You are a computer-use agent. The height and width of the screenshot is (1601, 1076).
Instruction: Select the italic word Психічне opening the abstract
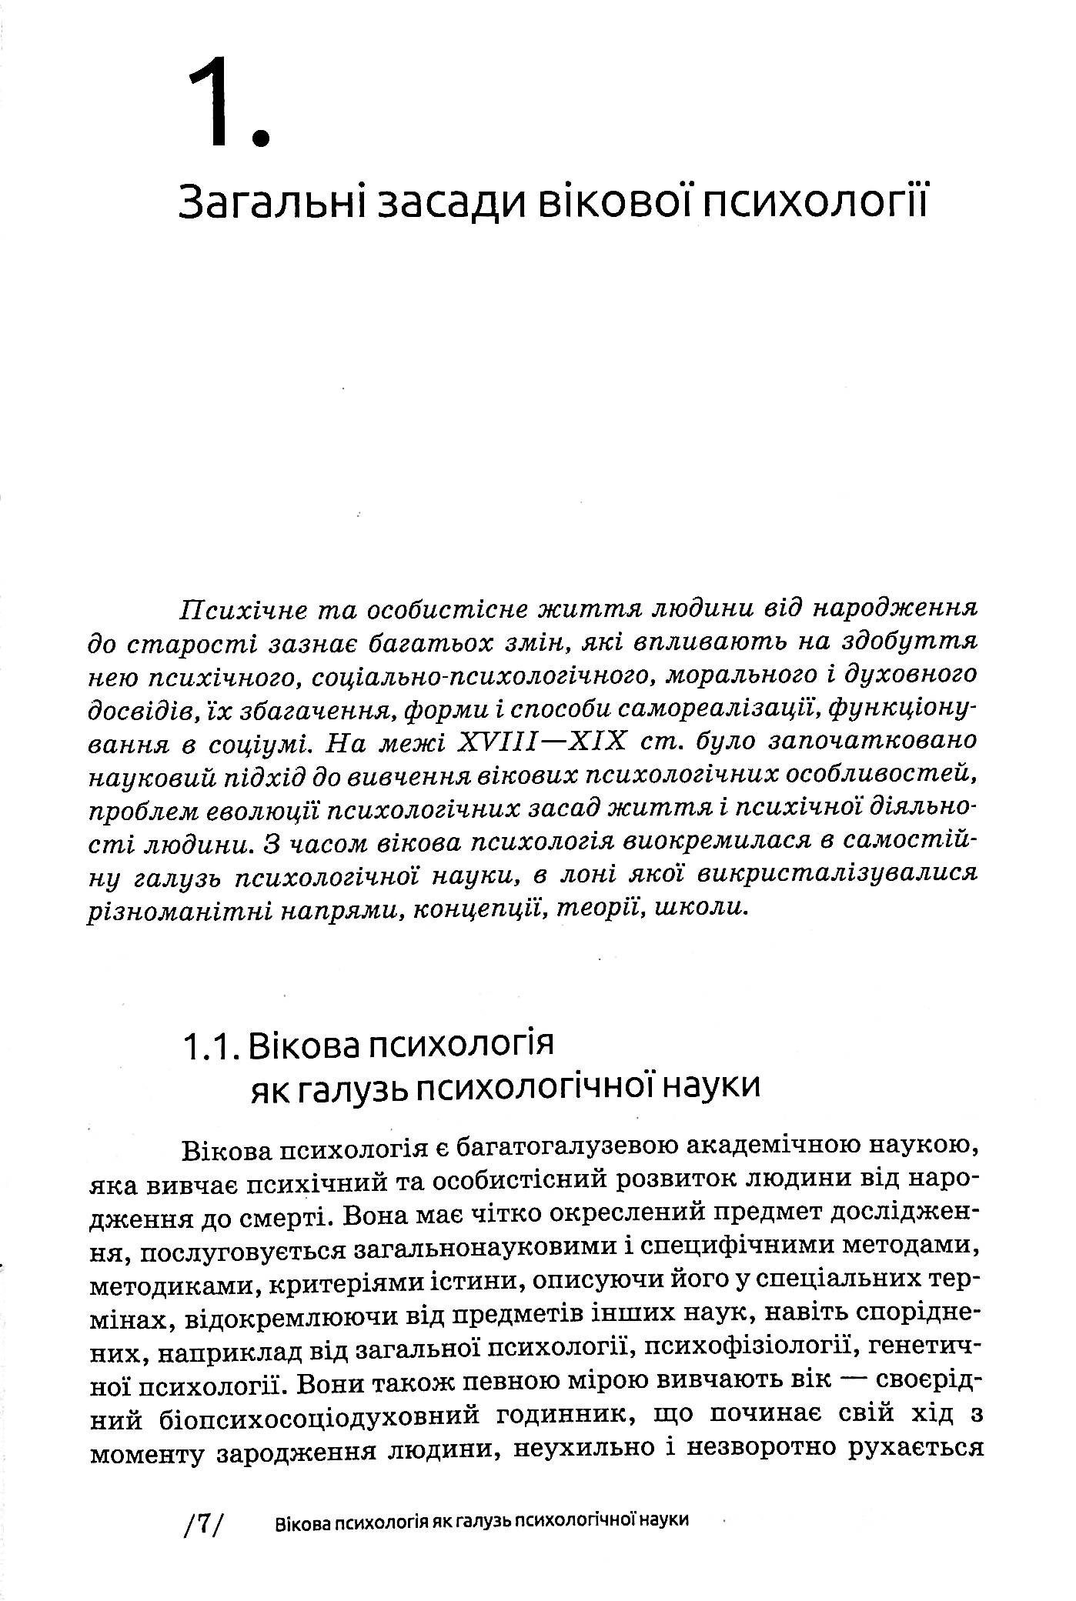241,609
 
